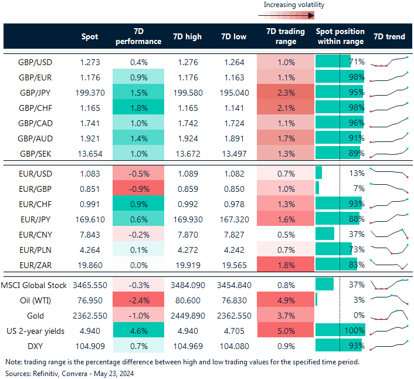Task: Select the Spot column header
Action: click(90, 36)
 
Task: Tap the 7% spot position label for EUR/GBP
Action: click(358, 188)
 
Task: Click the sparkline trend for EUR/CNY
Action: click(389, 234)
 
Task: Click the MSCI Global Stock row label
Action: click(33, 285)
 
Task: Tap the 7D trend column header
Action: click(389, 36)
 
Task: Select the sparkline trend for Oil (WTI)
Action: click(389, 300)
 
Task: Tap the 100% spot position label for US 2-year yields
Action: click(355, 331)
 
